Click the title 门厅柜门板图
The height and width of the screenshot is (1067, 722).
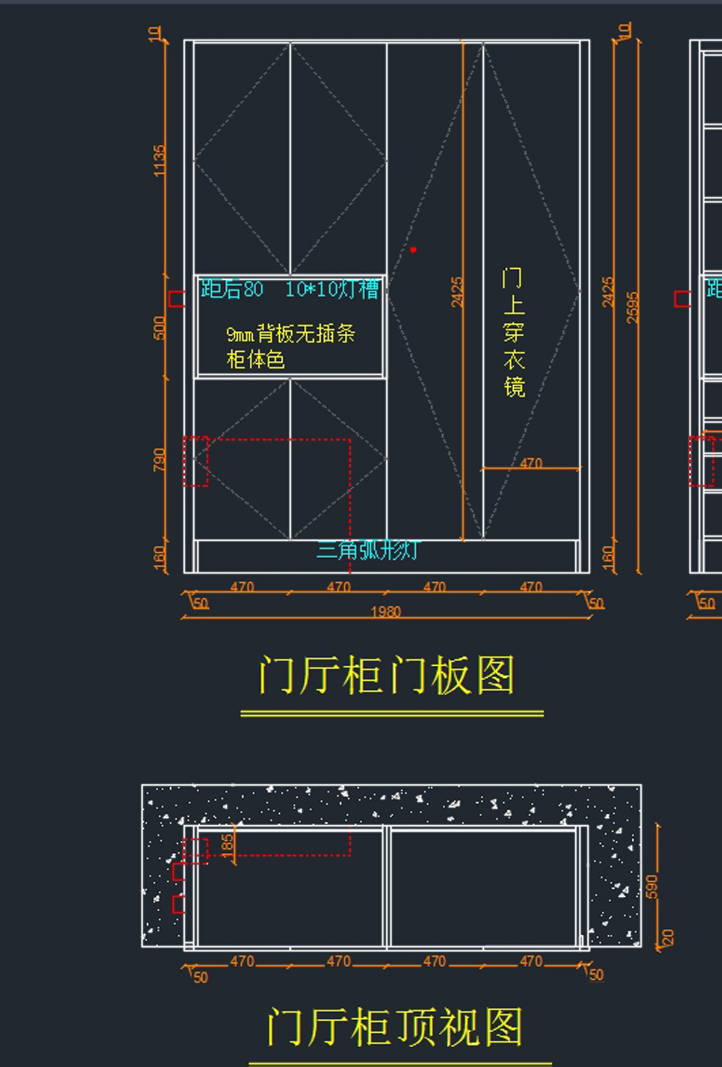click(387, 675)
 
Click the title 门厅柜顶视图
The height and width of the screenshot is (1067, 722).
click(395, 1027)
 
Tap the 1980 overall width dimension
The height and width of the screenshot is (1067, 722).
click(386, 612)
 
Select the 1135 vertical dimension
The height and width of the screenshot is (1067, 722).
click(159, 161)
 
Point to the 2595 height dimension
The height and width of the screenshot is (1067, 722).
click(632, 307)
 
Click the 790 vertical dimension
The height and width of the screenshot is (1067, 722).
click(159, 460)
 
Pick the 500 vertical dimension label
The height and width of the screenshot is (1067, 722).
click(159, 328)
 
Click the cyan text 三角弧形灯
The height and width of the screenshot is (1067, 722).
click(367, 550)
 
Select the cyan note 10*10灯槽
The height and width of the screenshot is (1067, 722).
click(332, 289)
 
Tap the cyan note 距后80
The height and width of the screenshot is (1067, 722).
click(232, 289)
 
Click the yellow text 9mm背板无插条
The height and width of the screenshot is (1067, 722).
click(291, 333)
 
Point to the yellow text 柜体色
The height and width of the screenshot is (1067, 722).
click(255, 360)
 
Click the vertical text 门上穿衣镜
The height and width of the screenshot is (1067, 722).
click(513, 333)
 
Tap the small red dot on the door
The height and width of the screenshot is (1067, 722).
click(413, 250)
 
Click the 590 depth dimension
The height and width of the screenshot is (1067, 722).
click(652, 887)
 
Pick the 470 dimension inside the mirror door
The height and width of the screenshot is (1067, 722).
click(531, 463)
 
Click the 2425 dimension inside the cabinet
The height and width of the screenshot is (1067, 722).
click(457, 292)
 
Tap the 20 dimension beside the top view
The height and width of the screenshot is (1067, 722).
click(668, 937)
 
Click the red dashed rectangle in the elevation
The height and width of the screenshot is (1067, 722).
click(196, 461)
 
